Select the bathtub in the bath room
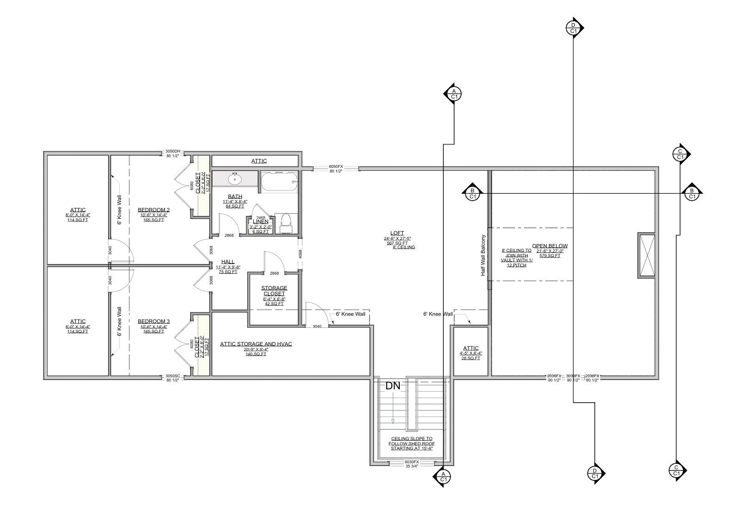coord(278,182)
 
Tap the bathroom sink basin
coord(235,178)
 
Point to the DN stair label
coord(392,386)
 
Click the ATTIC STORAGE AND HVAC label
coord(256,344)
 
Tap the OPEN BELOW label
coord(549,246)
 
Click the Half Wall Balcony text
coord(483,256)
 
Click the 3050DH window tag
coord(173,151)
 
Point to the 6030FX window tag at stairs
coord(411,462)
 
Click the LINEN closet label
coord(261,221)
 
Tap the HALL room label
coord(228,262)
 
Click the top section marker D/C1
coord(573,28)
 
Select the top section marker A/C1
coord(454,94)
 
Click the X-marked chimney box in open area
coord(646,256)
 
